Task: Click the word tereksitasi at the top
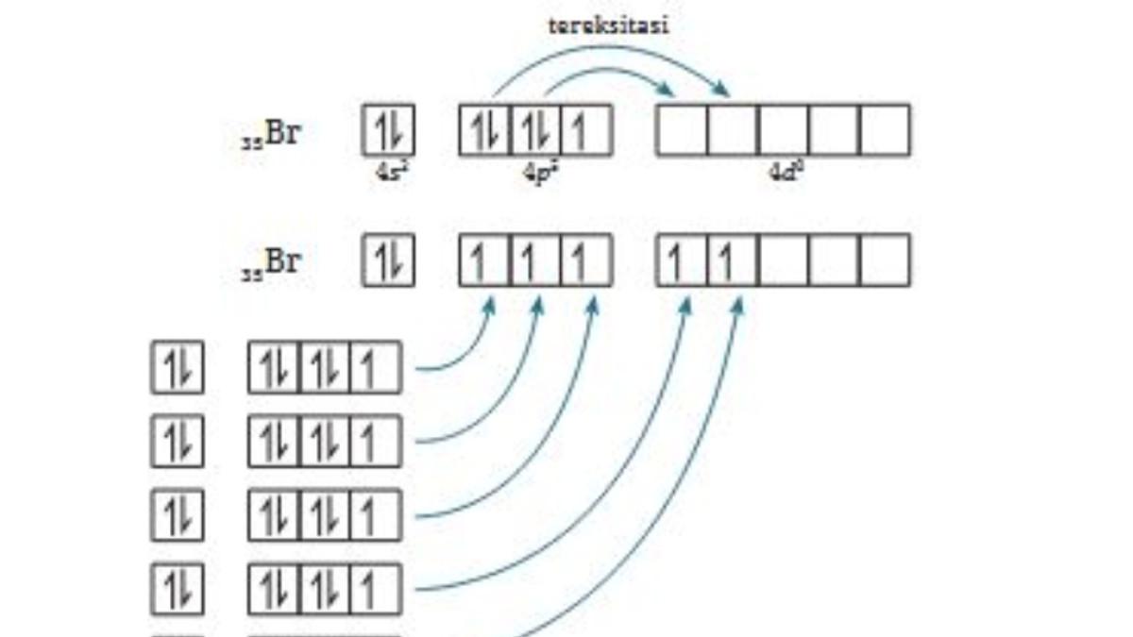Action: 609,25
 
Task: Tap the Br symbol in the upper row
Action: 282,133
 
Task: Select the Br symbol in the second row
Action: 282,261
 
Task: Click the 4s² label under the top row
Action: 389,173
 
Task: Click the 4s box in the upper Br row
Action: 389,130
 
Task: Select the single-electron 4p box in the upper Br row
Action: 586,130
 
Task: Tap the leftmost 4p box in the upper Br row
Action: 485,130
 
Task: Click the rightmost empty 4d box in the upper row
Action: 886,130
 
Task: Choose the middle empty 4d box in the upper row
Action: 784,130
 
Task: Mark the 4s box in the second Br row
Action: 389,260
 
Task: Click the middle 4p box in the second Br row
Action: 535,260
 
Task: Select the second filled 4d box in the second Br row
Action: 733,260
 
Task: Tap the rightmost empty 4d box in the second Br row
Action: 886,260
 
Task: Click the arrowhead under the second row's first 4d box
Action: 686,305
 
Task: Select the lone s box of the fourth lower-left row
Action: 178,590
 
